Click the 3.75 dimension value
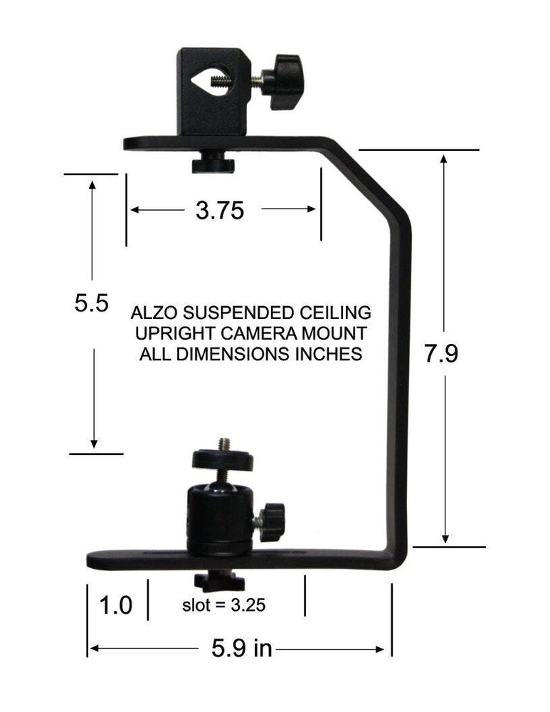click(220, 210)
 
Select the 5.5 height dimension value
click(91, 304)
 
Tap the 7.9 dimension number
click(441, 354)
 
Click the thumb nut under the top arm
click(213, 164)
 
